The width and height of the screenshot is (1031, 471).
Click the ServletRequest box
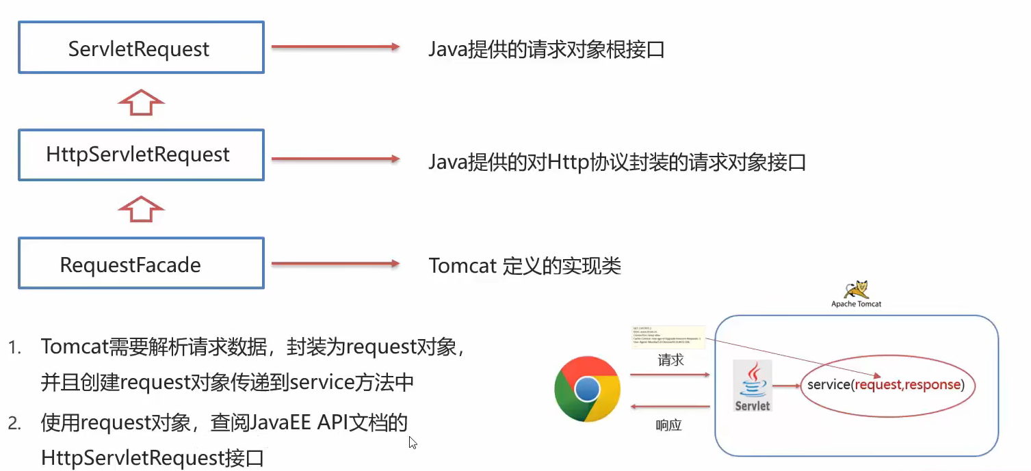141,47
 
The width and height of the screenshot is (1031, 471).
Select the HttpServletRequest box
141,154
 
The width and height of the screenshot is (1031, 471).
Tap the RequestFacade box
141,263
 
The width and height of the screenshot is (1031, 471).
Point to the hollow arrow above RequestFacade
141,208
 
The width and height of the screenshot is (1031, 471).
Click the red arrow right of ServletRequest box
335,46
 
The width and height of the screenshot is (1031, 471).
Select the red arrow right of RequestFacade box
335,263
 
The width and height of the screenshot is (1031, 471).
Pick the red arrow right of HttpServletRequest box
335,159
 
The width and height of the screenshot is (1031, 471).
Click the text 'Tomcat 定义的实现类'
525,265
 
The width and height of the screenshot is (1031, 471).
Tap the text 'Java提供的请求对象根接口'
547,50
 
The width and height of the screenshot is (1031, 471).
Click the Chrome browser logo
587,388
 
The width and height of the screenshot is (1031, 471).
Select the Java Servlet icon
752,386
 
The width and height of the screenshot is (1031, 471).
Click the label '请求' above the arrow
670,360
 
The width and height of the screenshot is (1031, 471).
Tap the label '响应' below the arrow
668,425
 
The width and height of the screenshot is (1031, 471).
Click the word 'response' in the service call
933,385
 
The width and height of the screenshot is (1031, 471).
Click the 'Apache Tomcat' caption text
856,304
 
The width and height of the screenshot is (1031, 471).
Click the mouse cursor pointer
413,442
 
